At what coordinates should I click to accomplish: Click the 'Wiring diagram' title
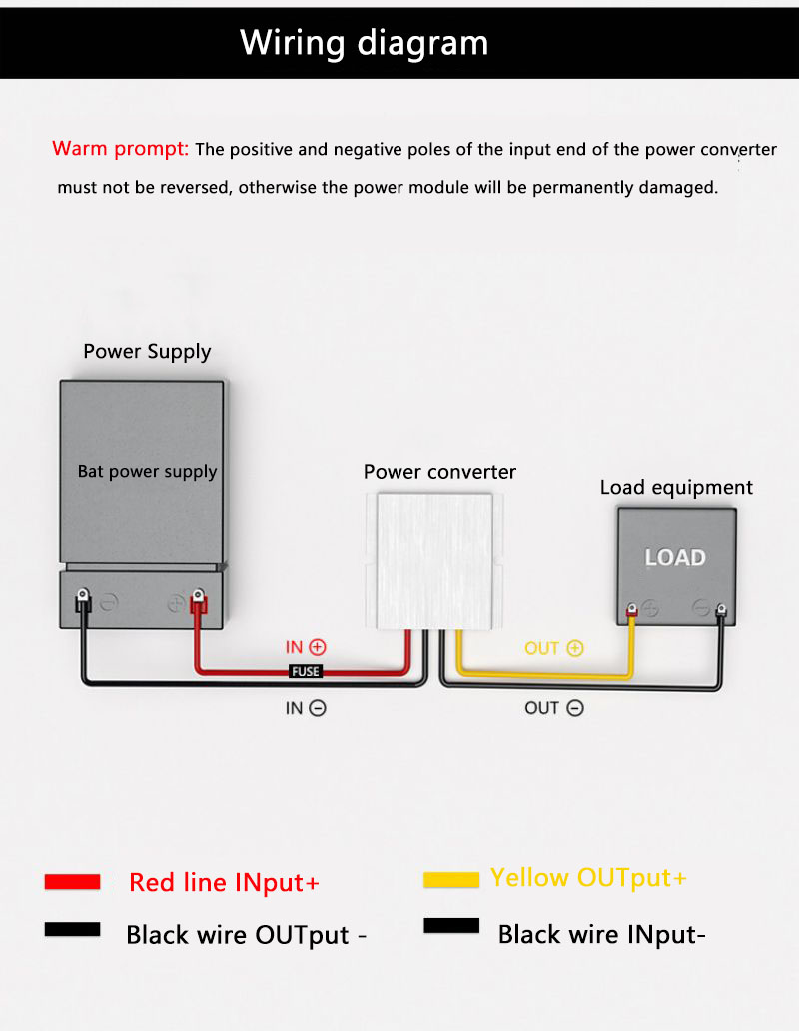click(365, 43)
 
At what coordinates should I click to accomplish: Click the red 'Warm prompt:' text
click(120, 150)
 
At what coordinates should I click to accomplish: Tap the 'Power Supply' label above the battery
click(147, 352)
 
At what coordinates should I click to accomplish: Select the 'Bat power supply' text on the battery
click(147, 472)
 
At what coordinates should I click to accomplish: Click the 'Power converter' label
click(439, 472)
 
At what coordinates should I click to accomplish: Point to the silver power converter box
click(435, 564)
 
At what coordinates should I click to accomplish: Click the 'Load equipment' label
click(676, 488)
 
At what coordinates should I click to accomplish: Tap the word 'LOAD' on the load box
click(675, 558)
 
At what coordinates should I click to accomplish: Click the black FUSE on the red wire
click(306, 672)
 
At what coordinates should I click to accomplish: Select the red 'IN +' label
click(306, 648)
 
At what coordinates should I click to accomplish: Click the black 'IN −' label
click(306, 708)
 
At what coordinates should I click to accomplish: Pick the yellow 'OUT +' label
click(553, 648)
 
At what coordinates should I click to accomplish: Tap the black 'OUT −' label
click(553, 708)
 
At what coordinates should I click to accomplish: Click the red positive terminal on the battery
click(198, 602)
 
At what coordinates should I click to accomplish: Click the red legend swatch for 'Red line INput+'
click(72, 882)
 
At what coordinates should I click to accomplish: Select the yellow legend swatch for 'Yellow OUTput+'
click(450, 879)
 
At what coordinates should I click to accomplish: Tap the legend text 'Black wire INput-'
click(601, 935)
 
